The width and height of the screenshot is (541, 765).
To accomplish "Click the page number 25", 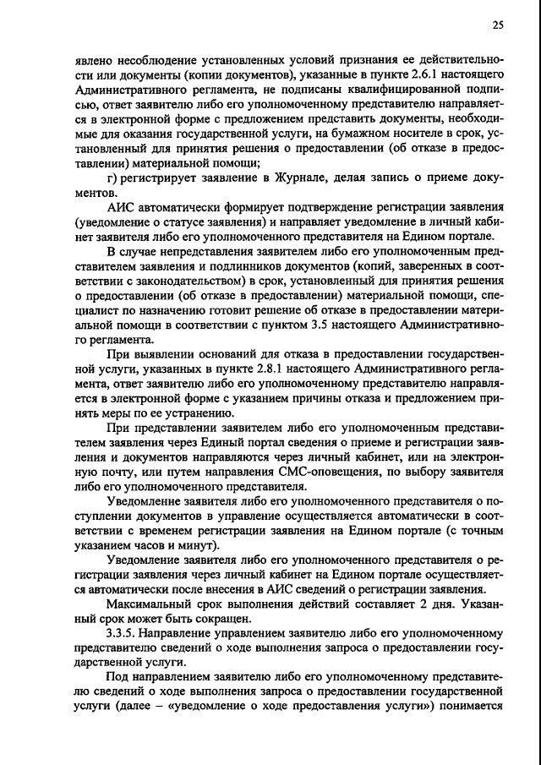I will click(498, 26).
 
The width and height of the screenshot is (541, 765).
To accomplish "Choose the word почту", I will click(113, 473).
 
